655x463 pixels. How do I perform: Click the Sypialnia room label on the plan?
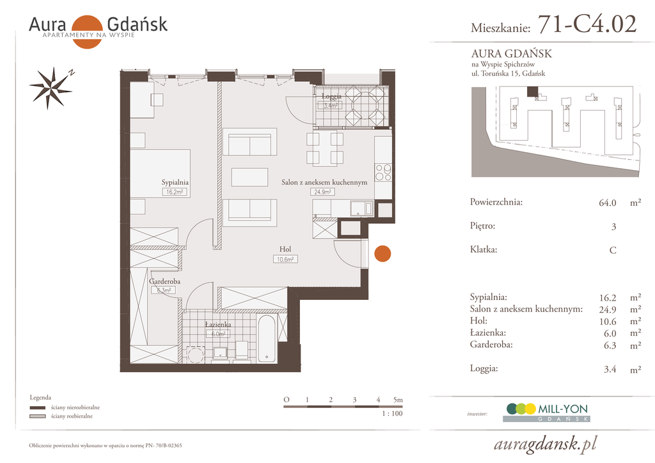click(175, 182)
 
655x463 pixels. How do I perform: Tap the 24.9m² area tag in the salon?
click(322, 192)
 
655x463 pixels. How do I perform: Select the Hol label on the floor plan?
click(285, 249)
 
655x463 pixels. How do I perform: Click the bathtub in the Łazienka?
click(267, 338)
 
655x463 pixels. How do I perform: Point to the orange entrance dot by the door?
click(383, 253)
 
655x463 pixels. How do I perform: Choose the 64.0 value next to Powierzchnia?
click(608, 203)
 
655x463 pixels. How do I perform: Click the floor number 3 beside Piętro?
click(613, 226)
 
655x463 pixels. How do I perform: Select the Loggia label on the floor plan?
click(332, 97)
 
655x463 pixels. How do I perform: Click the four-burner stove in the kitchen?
click(383, 172)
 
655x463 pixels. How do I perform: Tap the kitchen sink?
click(361, 207)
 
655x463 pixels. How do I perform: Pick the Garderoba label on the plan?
click(164, 281)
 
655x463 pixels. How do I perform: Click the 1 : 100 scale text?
click(392, 413)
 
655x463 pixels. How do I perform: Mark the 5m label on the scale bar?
click(398, 400)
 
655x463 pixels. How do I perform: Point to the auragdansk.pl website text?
click(545, 444)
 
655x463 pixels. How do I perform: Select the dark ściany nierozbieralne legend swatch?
click(38, 407)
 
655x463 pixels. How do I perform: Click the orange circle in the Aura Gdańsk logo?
click(87, 32)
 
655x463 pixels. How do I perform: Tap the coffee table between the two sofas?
click(249, 177)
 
